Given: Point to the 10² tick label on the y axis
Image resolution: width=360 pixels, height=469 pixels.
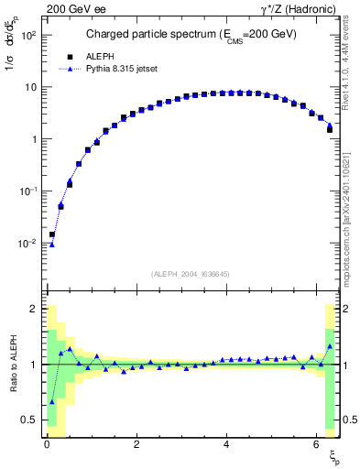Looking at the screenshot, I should point(28,36).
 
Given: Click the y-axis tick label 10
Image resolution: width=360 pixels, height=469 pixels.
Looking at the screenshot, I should point(30,88).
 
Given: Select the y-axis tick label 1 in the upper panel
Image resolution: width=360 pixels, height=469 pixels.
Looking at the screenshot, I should point(34,139).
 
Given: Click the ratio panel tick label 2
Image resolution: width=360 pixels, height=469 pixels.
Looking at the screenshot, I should point(34,310).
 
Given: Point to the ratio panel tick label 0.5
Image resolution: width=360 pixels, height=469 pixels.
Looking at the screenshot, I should point(30,420).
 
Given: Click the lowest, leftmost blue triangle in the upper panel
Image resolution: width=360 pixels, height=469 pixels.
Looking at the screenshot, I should point(52,245).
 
